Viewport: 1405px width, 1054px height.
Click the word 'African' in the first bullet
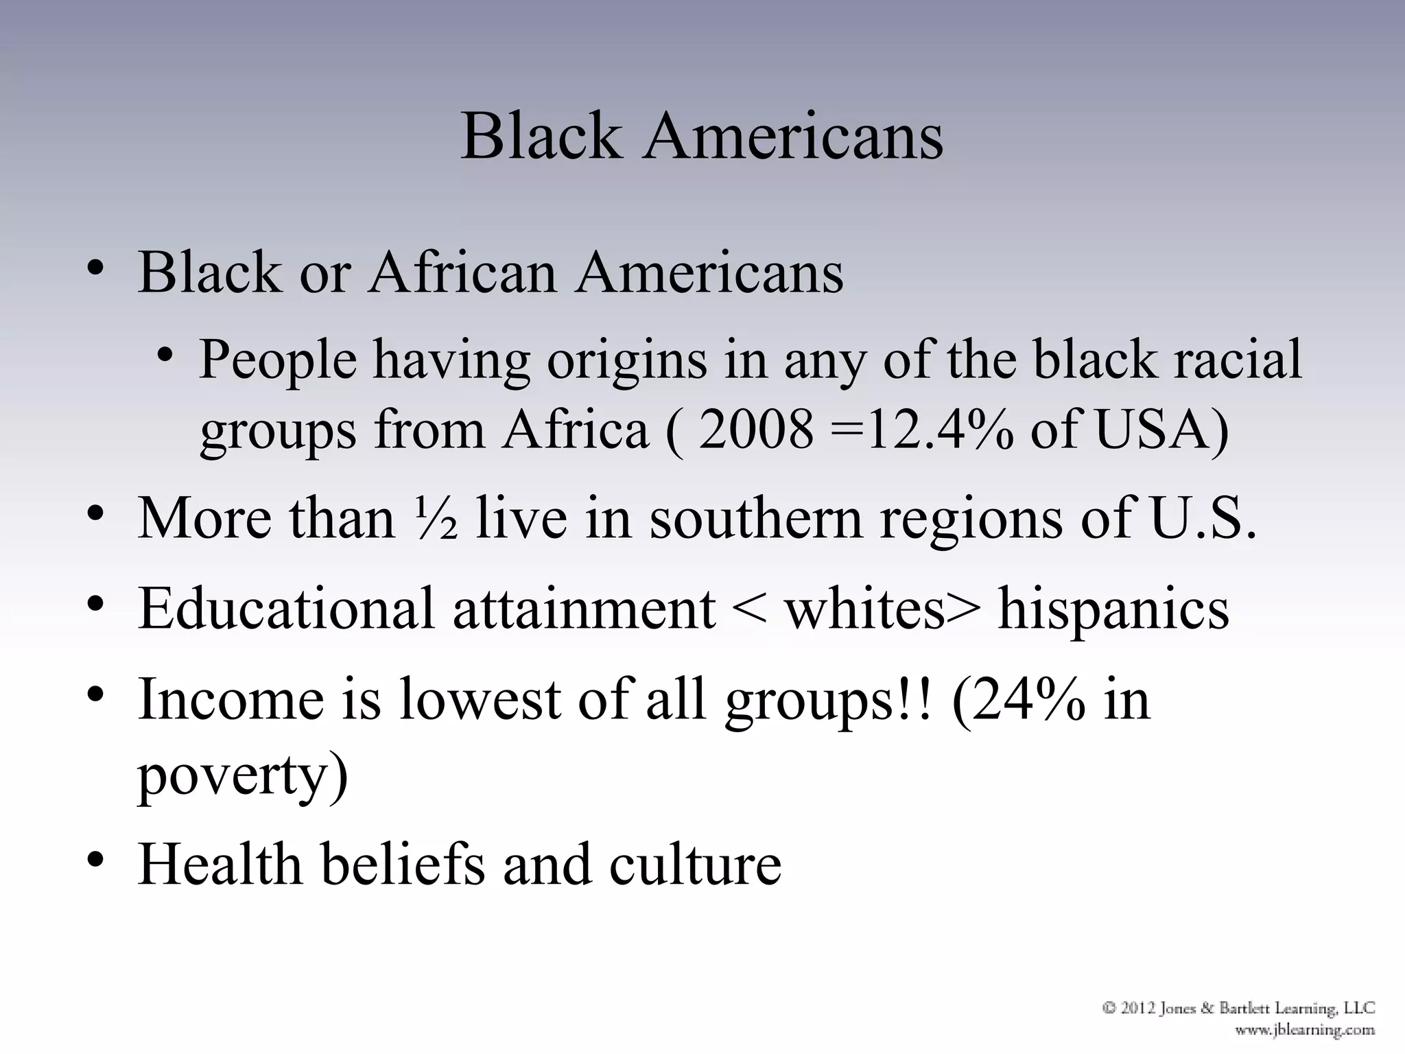click(462, 272)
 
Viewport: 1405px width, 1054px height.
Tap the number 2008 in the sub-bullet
click(755, 430)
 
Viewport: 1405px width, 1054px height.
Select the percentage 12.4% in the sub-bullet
click(939, 430)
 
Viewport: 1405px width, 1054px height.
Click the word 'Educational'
click(286, 609)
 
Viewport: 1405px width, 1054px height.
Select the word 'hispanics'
click(1113, 609)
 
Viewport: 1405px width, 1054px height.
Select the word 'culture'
click(695, 864)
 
